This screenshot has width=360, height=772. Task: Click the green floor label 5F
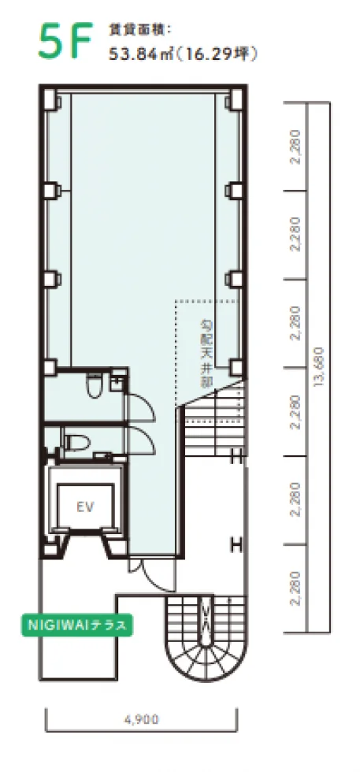pyautogui.click(x=65, y=39)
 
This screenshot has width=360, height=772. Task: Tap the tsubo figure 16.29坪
pyautogui.click(x=216, y=54)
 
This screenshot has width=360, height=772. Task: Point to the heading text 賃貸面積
pyautogui.click(x=139, y=30)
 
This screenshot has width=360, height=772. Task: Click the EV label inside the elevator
pyautogui.click(x=86, y=506)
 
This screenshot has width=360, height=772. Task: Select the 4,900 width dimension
pyautogui.click(x=141, y=720)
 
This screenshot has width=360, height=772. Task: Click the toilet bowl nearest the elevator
pyautogui.click(x=77, y=440)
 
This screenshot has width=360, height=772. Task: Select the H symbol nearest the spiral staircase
pyautogui.click(x=237, y=545)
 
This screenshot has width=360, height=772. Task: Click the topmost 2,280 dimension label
pyautogui.click(x=296, y=147)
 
